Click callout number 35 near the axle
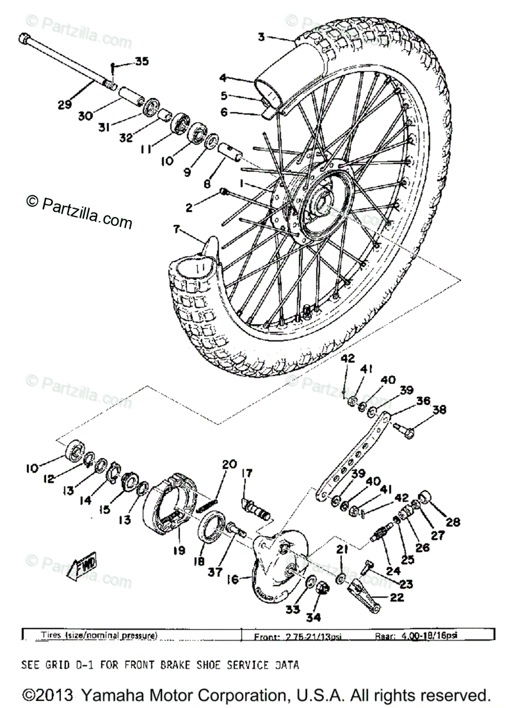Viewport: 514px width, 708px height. pyautogui.click(x=142, y=61)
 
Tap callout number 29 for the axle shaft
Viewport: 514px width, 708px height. pyautogui.click(x=64, y=104)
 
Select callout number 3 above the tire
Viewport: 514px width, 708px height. pyautogui.click(x=261, y=36)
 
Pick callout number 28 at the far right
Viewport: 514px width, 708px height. pyautogui.click(x=453, y=522)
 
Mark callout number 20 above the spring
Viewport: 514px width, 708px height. pyautogui.click(x=229, y=464)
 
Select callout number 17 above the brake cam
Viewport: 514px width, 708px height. pyautogui.click(x=246, y=473)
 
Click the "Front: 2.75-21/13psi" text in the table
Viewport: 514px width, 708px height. pyautogui.click(x=297, y=637)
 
